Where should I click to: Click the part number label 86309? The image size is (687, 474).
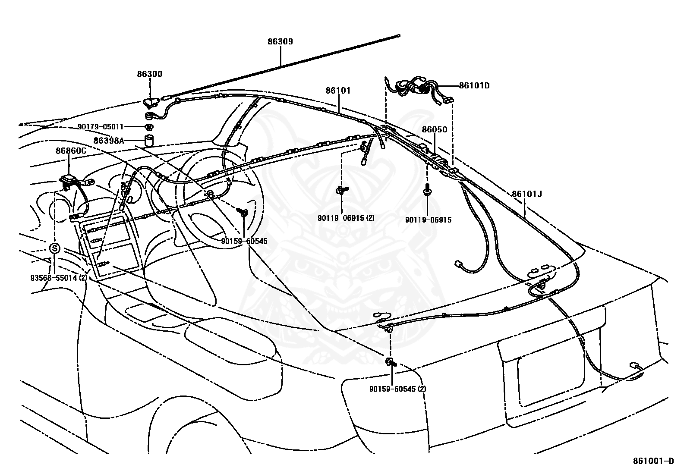coord(280,42)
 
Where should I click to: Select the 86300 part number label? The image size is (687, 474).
coord(150,74)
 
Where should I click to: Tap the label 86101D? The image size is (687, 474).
coord(474,85)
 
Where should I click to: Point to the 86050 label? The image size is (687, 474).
coord(435,129)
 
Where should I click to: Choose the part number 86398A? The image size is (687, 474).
coord(109,140)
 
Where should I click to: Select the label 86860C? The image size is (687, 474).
coord(71,151)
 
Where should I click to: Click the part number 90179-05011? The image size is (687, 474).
coord(101,127)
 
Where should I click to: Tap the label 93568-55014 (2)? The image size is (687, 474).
coord(59,278)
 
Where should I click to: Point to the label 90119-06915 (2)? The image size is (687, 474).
coord(346,218)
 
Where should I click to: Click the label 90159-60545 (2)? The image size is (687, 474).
coord(397,389)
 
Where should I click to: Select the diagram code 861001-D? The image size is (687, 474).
coord(653,461)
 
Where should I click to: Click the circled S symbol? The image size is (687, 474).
coord(55,249)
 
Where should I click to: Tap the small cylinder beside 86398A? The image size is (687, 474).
coord(149,140)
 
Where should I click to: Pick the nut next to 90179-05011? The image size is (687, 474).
coord(149,127)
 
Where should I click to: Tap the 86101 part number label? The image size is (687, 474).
coord(338,91)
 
